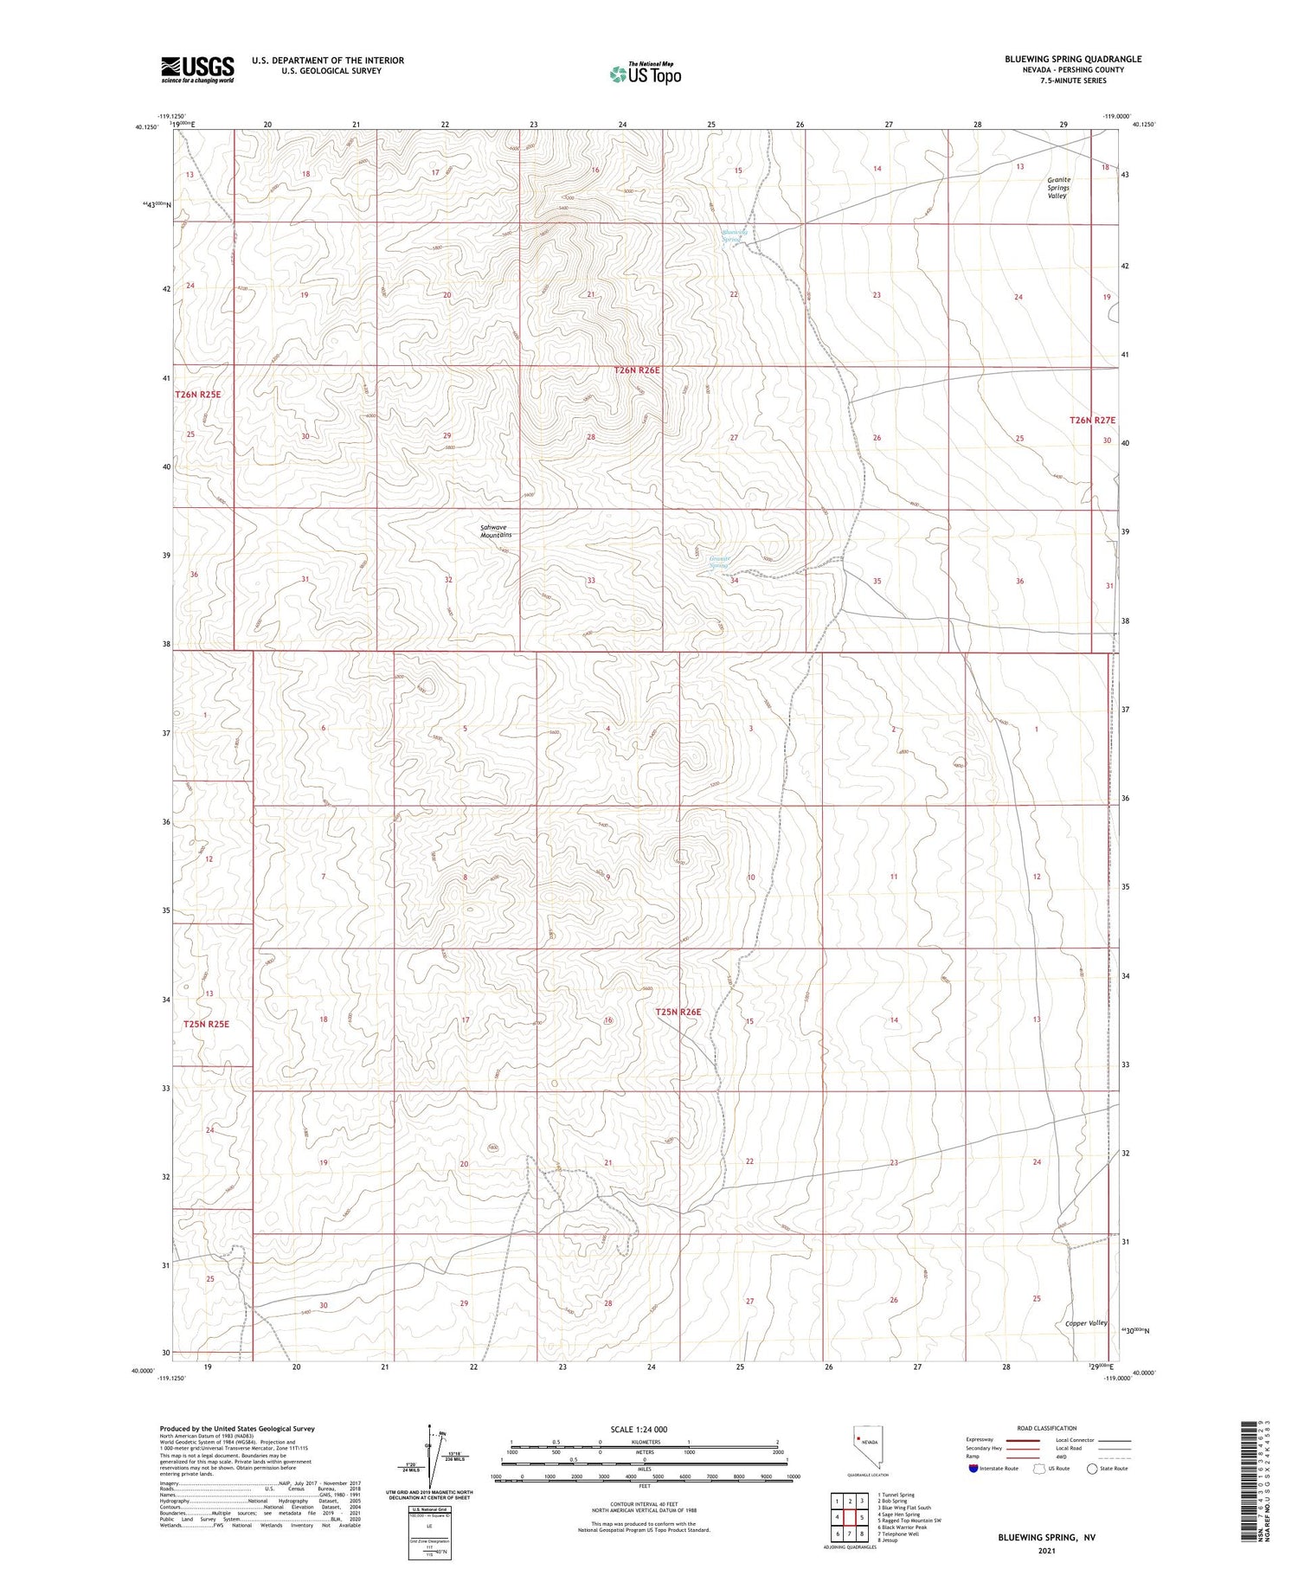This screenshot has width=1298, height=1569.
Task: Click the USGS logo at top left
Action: (197, 69)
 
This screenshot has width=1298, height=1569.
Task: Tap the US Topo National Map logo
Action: (646, 74)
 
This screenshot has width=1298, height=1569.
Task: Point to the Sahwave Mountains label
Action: (496, 531)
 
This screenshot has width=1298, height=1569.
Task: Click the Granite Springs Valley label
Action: (1057, 188)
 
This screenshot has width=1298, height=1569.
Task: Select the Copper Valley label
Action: (1086, 1323)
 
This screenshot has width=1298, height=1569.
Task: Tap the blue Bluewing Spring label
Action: (735, 235)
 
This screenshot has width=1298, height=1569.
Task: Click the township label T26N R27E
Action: (1092, 420)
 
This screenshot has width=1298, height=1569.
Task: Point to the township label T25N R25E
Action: (206, 1024)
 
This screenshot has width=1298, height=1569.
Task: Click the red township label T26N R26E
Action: (637, 370)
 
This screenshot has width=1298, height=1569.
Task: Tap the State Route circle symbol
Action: (1092, 1469)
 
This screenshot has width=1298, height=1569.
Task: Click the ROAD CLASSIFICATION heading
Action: (1047, 1428)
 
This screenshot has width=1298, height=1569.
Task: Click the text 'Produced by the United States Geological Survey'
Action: (237, 1429)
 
